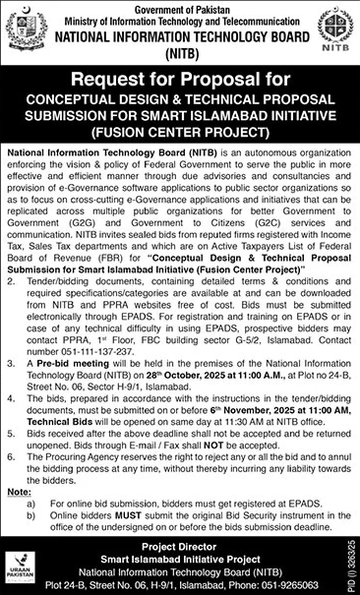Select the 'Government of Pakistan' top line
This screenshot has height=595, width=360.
[x=179, y=6]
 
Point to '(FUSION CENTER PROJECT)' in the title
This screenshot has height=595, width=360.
[x=180, y=129]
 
